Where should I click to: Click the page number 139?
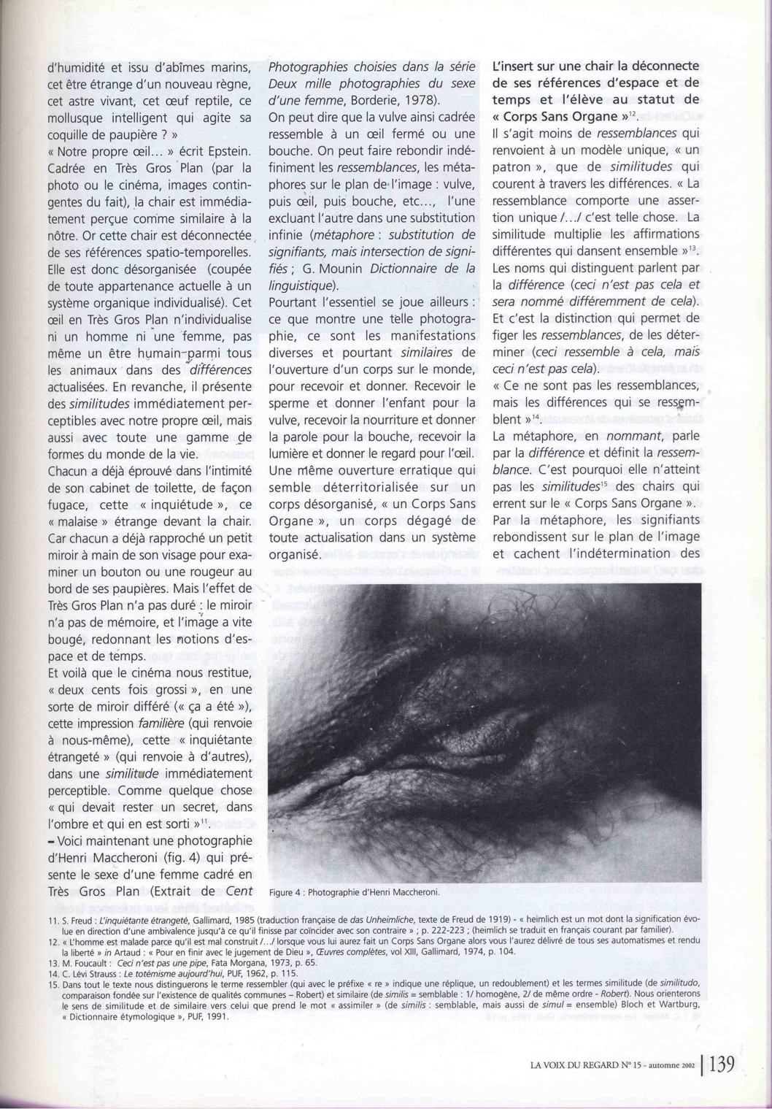(x=720, y=1065)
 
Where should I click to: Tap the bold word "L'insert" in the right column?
(x=514, y=66)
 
